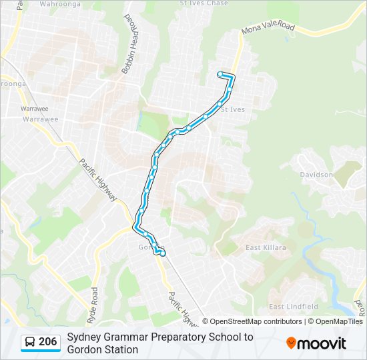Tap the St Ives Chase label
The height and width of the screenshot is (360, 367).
pyautogui.click(x=204, y=3)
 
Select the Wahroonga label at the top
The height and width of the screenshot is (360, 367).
pyautogui.click(x=60, y=3)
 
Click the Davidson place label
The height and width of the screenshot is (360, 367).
pyautogui.click(x=316, y=175)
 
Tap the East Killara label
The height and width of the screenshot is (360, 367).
pyautogui.click(x=266, y=247)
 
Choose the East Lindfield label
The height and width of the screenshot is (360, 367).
pyautogui.click(x=293, y=307)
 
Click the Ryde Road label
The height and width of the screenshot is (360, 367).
pyautogui.click(x=94, y=303)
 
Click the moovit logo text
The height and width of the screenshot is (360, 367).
pyautogui.click(x=322, y=344)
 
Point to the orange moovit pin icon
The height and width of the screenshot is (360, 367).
pyautogui.click(x=291, y=343)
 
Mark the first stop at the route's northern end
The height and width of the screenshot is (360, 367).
pyautogui.click(x=220, y=74)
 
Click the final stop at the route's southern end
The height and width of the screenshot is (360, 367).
pyautogui.click(x=163, y=253)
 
